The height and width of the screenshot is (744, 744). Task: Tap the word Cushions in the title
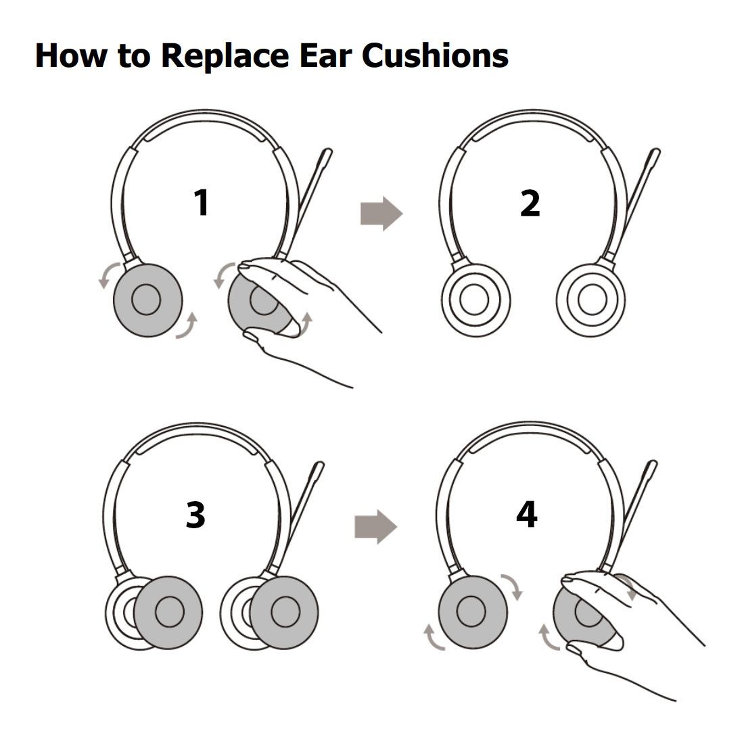click(x=435, y=55)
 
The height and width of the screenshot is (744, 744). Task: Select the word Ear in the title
click(x=325, y=55)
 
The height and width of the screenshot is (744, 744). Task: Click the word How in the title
click(x=72, y=55)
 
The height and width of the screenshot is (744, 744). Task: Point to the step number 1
click(x=202, y=203)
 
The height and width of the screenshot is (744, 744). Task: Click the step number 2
click(x=530, y=203)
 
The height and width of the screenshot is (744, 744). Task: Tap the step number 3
click(x=195, y=515)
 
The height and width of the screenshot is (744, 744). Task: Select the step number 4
click(x=527, y=514)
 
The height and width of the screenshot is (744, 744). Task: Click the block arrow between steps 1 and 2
click(x=381, y=214)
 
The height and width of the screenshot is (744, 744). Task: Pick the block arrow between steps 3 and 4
click(x=376, y=527)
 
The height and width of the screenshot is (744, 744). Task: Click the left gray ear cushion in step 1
click(x=147, y=300)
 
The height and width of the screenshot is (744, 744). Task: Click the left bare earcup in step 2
click(x=476, y=300)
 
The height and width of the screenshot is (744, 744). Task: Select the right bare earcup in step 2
click(x=590, y=300)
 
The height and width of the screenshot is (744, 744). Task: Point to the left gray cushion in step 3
click(x=168, y=612)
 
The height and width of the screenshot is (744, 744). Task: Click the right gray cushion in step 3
click(x=284, y=612)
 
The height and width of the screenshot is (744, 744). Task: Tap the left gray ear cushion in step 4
click(x=473, y=611)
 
